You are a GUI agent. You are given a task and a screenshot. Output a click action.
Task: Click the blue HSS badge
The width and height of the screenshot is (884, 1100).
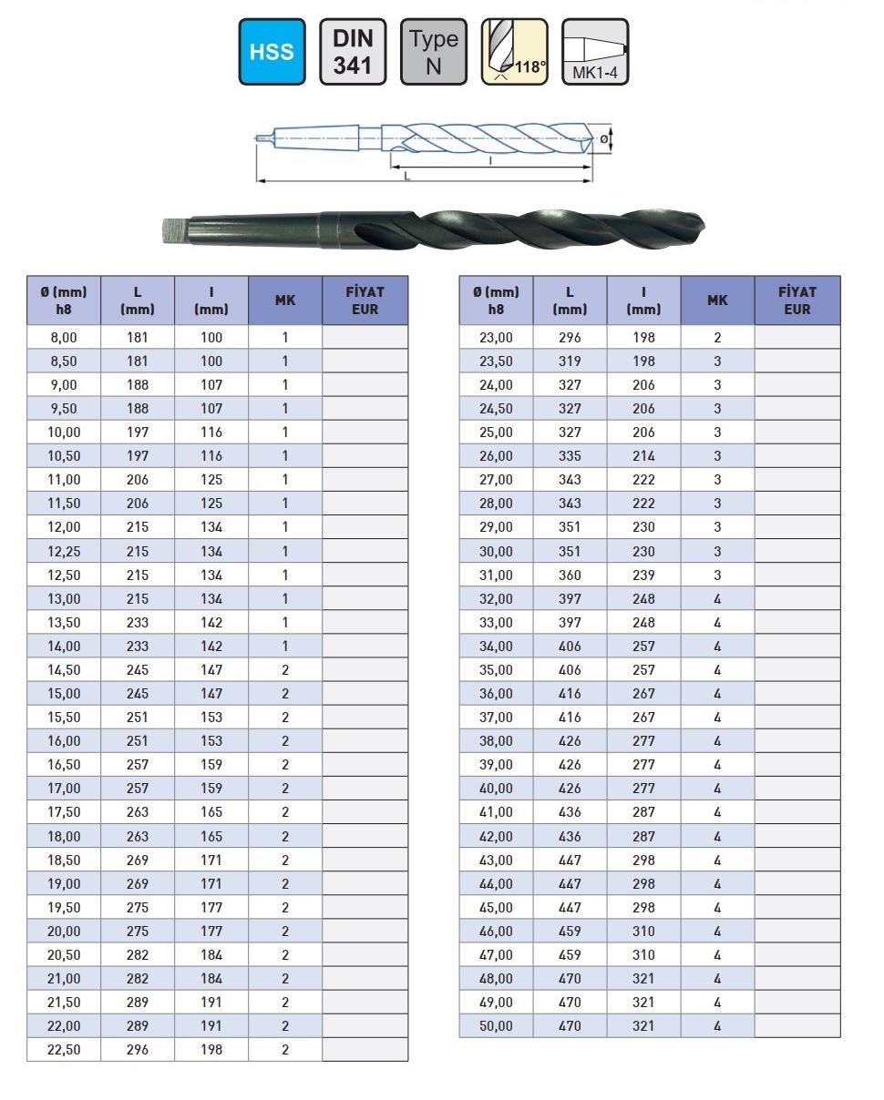pos(272,52)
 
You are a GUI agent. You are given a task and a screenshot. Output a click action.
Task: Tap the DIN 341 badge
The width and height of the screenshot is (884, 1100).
pos(353,52)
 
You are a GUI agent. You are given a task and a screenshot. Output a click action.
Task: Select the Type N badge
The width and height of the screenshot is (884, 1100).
pos(433,52)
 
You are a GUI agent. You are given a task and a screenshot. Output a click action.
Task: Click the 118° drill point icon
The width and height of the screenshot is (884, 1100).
pos(514,52)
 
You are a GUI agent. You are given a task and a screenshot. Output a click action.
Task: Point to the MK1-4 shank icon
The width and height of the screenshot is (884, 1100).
pos(595,52)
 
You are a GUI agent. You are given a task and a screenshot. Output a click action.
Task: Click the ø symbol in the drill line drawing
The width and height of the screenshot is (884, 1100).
pos(603,138)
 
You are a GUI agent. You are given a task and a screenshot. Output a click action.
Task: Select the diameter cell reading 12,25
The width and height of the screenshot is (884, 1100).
pos(64,551)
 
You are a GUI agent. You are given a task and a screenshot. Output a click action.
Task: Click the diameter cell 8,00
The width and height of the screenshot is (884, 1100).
pos(64,337)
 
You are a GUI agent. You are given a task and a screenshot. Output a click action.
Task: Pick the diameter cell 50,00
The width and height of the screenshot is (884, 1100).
pos(496,1025)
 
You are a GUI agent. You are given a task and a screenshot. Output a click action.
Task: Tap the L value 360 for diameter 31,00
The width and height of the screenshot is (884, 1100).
pos(570,575)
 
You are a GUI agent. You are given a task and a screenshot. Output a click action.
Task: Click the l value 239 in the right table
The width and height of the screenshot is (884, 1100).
pos(643,575)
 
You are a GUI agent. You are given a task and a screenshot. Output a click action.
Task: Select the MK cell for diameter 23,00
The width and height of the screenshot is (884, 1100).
pos(717,337)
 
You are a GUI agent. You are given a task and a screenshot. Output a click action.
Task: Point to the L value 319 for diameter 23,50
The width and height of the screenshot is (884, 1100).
pos(570,361)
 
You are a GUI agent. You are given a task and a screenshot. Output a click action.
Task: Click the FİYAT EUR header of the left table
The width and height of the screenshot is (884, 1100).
pos(365,300)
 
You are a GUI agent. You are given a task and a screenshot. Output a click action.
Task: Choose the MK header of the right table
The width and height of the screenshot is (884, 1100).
pos(717,300)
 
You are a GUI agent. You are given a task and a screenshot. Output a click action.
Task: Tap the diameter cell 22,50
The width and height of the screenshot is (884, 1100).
pos(64,1049)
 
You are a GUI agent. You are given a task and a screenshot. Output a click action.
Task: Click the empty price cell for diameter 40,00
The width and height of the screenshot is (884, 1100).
pos(797,789)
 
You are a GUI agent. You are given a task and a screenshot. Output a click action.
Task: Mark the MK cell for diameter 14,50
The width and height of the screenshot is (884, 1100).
pos(285,669)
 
